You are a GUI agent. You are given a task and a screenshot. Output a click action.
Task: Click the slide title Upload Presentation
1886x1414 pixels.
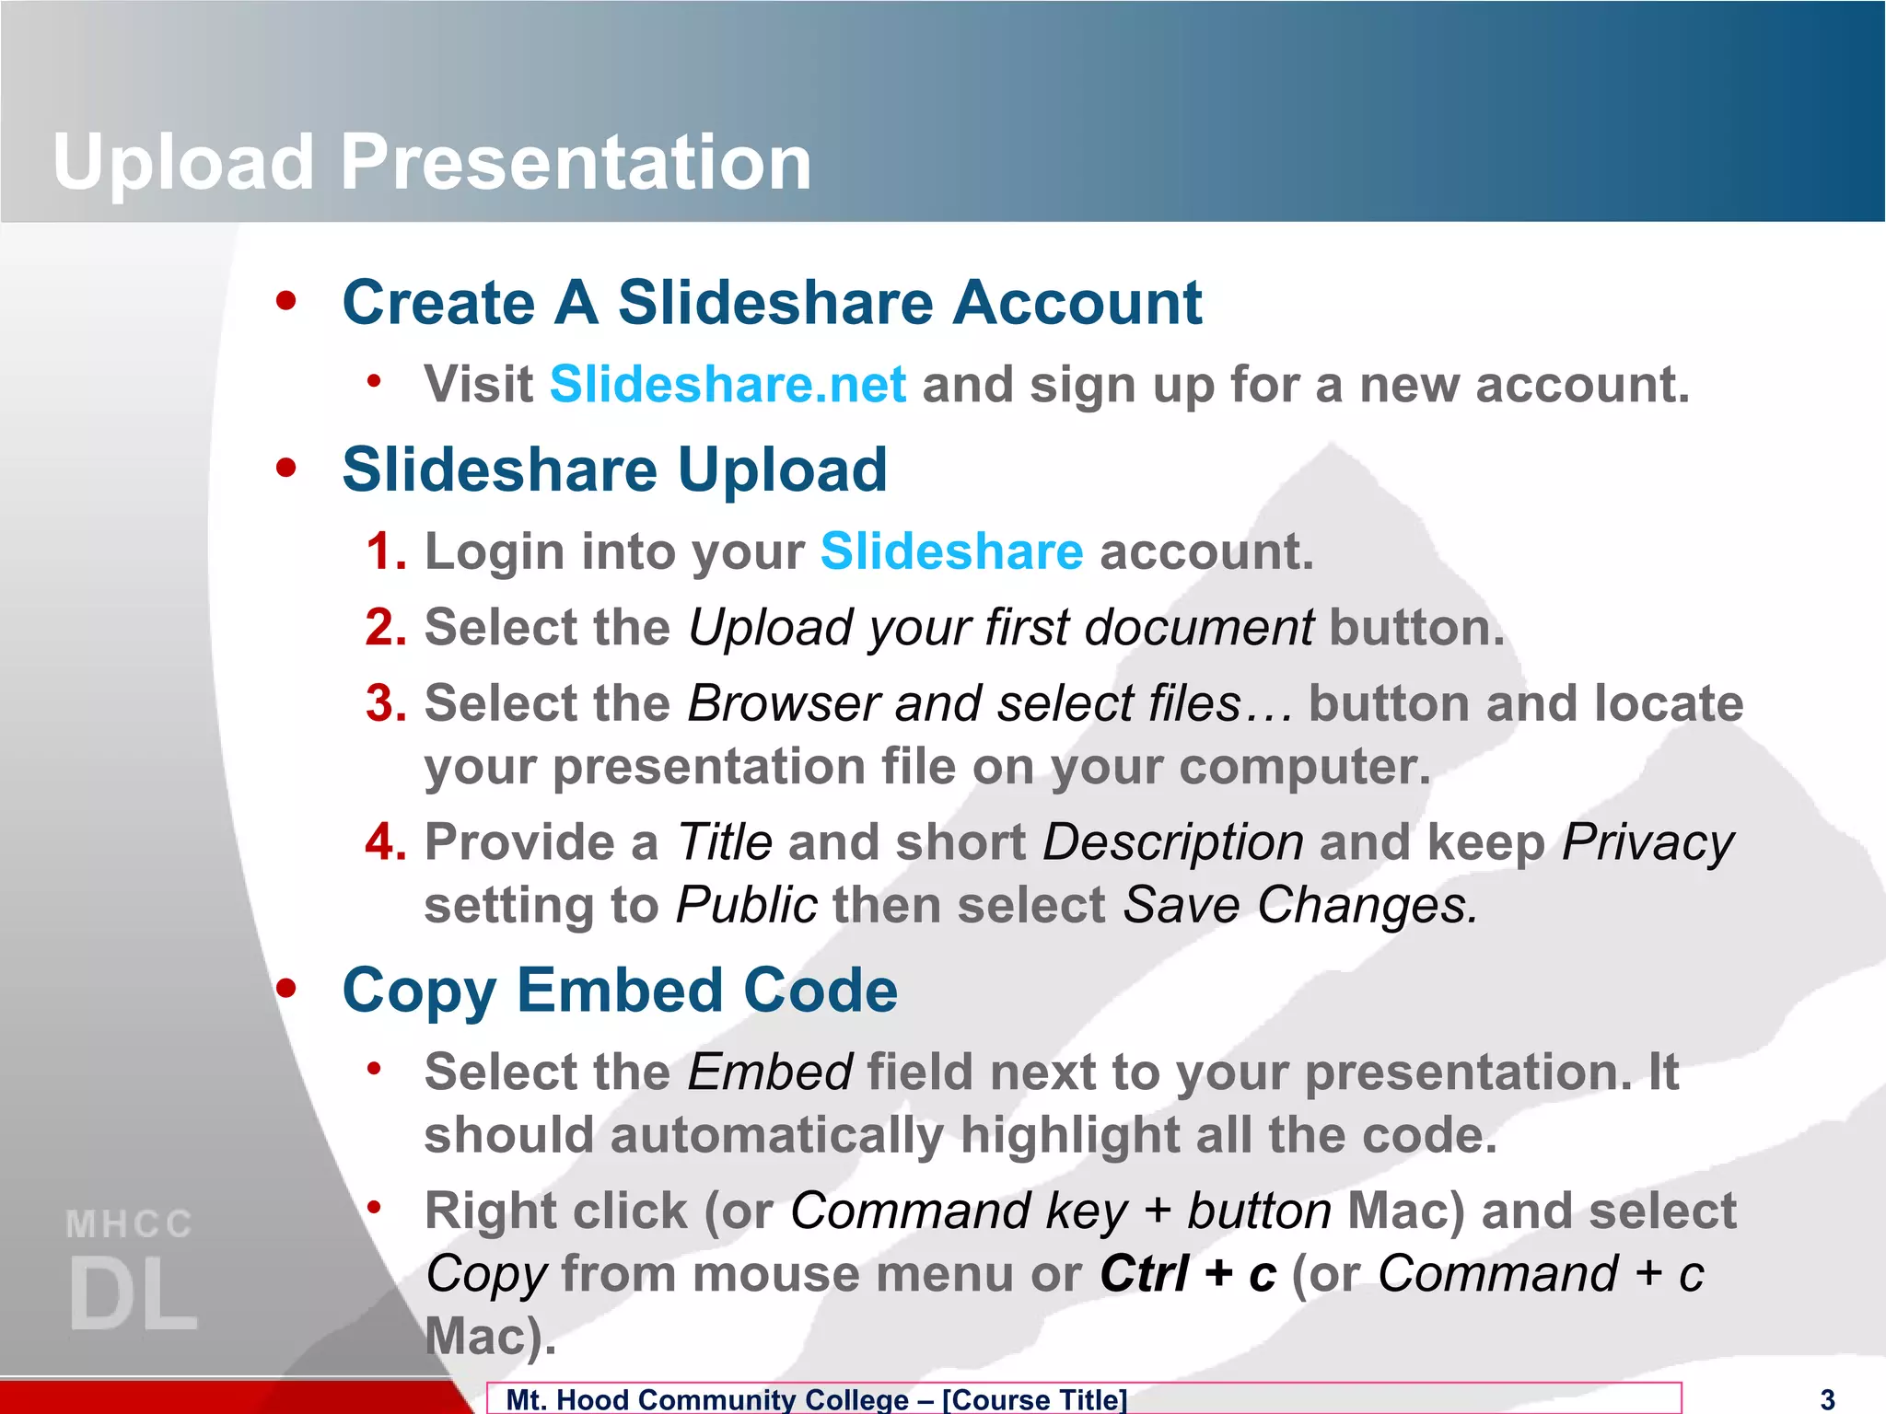click(x=431, y=162)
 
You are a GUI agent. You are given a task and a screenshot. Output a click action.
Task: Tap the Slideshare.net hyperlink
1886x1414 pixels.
click(x=728, y=385)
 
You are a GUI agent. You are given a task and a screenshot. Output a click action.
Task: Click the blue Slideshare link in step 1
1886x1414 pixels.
click(x=951, y=551)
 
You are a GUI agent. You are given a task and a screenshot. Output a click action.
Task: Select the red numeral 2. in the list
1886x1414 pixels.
click(x=386, y=628)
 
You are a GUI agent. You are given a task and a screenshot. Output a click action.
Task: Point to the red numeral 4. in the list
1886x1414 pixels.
click(x=386, y=842)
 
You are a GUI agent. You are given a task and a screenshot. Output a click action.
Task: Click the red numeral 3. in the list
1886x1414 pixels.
click(x=386, y=704)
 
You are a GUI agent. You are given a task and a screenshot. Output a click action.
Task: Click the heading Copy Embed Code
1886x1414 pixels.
click(x=619, y=991)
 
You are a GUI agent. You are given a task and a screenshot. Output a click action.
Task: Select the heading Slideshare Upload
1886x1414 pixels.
click(x=614, y=469)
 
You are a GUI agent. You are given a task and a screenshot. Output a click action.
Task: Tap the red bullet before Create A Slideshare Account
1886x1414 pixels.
click(x=286, y=301)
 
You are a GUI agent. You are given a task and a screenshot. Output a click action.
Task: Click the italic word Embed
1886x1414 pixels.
click(x=770, y=1072)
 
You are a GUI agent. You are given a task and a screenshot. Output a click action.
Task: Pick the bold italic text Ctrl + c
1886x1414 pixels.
click(x=1188, y=1274)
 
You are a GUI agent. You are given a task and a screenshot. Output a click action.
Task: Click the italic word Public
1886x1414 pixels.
click(x=746, y=906)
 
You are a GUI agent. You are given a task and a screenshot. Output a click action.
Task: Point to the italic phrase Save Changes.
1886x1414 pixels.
click(x=1299, y=906)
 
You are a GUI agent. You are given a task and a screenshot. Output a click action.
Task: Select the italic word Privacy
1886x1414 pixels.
click(x=1647, y=842)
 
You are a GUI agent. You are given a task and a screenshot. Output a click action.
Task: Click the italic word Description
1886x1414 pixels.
click(x=1172, y=842)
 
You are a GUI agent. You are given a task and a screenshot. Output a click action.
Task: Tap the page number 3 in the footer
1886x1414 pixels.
click(x=1828, y=1399)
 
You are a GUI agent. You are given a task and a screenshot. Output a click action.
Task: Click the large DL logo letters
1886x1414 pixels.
click(x=133, y=1293)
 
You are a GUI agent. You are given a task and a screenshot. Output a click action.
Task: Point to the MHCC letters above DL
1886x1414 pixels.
click(x=129, y=1224)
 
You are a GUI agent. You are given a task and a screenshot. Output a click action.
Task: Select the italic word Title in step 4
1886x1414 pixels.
click(x=724, y=842)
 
